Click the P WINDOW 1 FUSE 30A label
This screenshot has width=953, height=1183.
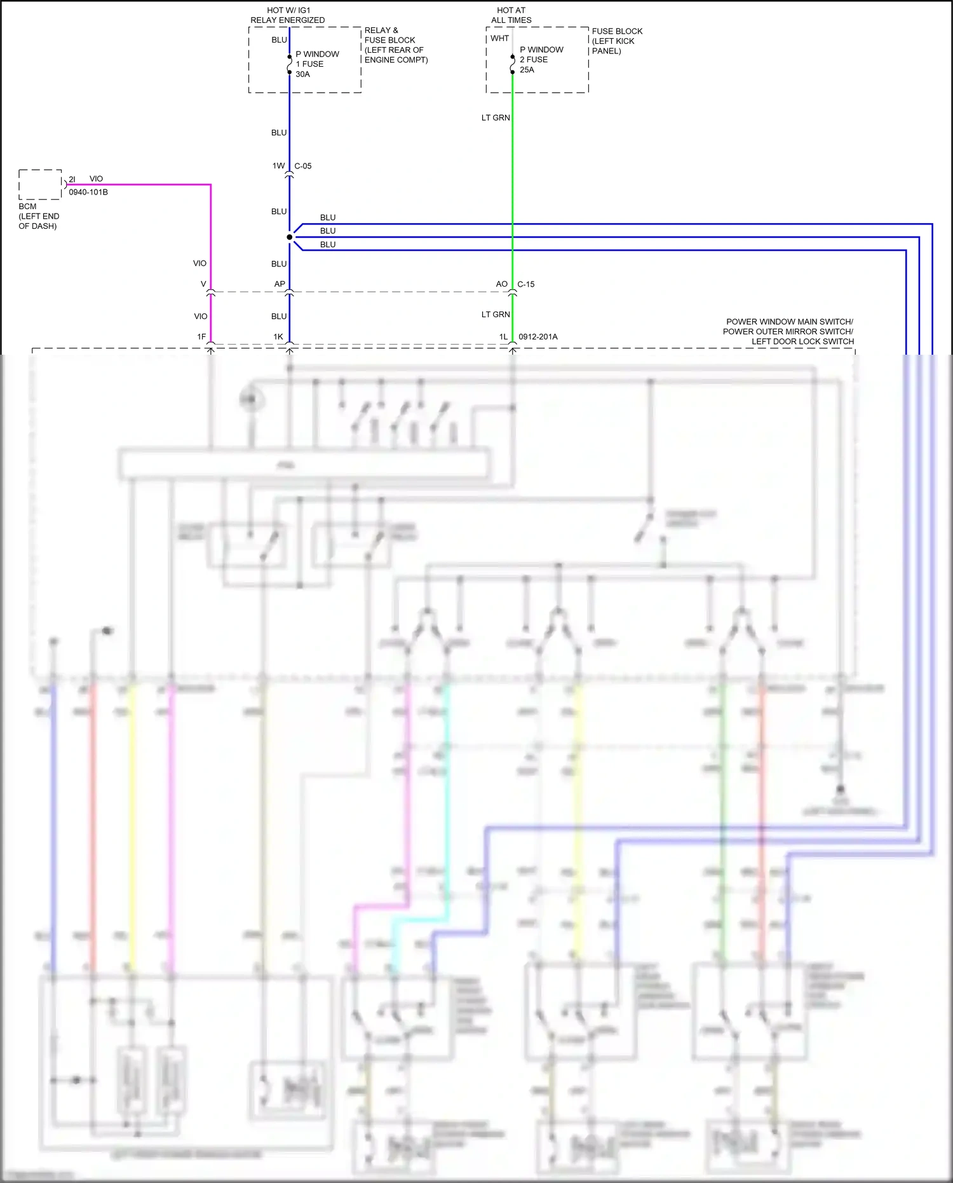[x=316, y=64]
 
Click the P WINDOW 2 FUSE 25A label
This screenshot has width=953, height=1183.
[x=541, y=60]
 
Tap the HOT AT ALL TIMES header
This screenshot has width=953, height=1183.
[x=511, y=15]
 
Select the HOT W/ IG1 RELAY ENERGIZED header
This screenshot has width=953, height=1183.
[x=287, y=15]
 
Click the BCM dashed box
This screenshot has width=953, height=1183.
[x=40, y=184]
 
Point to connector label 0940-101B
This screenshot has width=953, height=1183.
[x=88, y=192]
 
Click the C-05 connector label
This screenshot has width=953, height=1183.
[x=302, y=166]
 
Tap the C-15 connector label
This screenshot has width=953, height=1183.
[x=525, y=284]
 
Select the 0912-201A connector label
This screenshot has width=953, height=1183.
[x=537, y=337]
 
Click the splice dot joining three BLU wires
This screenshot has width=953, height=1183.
[x=290, y=237]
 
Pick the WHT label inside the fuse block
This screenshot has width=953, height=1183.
[x=499, y=38]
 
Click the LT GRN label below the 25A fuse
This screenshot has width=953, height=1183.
[x=496, y=118]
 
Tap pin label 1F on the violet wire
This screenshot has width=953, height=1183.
[x=201, y=337]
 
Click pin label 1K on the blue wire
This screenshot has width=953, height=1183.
[x=278, y=337]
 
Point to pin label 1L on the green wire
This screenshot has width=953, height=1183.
[x=503, y=337]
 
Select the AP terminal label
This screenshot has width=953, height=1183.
[x=280, y=284]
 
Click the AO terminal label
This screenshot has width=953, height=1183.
[x=502, y=284]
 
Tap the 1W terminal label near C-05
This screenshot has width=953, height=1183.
[x=278, y=166]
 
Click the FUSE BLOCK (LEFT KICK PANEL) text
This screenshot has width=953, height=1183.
[x=616, y=41]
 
